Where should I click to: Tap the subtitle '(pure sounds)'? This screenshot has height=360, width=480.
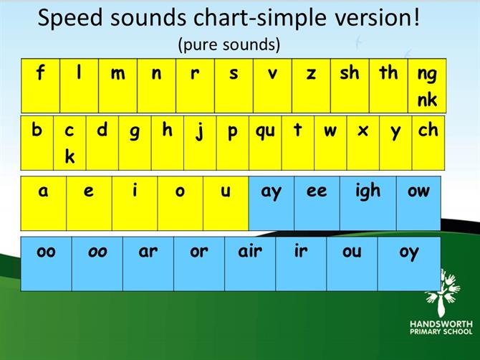coord(229,44)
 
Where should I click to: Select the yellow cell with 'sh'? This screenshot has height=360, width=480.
coord(350,86)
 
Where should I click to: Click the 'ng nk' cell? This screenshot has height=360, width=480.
coord(427,86)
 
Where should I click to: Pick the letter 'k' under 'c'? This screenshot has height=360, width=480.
coord(69,156)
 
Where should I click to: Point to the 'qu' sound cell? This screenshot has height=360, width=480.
coord(265,143)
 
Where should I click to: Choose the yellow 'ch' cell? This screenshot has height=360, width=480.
coord(428,143)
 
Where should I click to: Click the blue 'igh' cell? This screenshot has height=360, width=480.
coord(368,203)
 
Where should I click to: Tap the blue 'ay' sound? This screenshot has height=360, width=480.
coord(272,203)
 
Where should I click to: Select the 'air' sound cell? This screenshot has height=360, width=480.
coord(250,264)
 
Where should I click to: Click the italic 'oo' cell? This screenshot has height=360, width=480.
coord(97,264)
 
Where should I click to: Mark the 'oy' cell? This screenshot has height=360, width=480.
coord(409,264)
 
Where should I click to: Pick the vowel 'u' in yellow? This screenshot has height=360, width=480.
coord(226,203)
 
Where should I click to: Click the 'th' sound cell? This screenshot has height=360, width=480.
coord(388,86)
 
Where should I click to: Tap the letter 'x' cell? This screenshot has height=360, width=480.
coord(363,143)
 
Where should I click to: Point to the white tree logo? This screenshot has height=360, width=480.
coord(443,293)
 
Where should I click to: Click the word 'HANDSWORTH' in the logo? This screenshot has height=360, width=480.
coord(441,324)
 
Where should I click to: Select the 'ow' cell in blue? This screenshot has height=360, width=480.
coord(418,203)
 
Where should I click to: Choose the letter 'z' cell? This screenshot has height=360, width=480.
coord(312,86)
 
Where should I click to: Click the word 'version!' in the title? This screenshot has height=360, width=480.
coord(378,18)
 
